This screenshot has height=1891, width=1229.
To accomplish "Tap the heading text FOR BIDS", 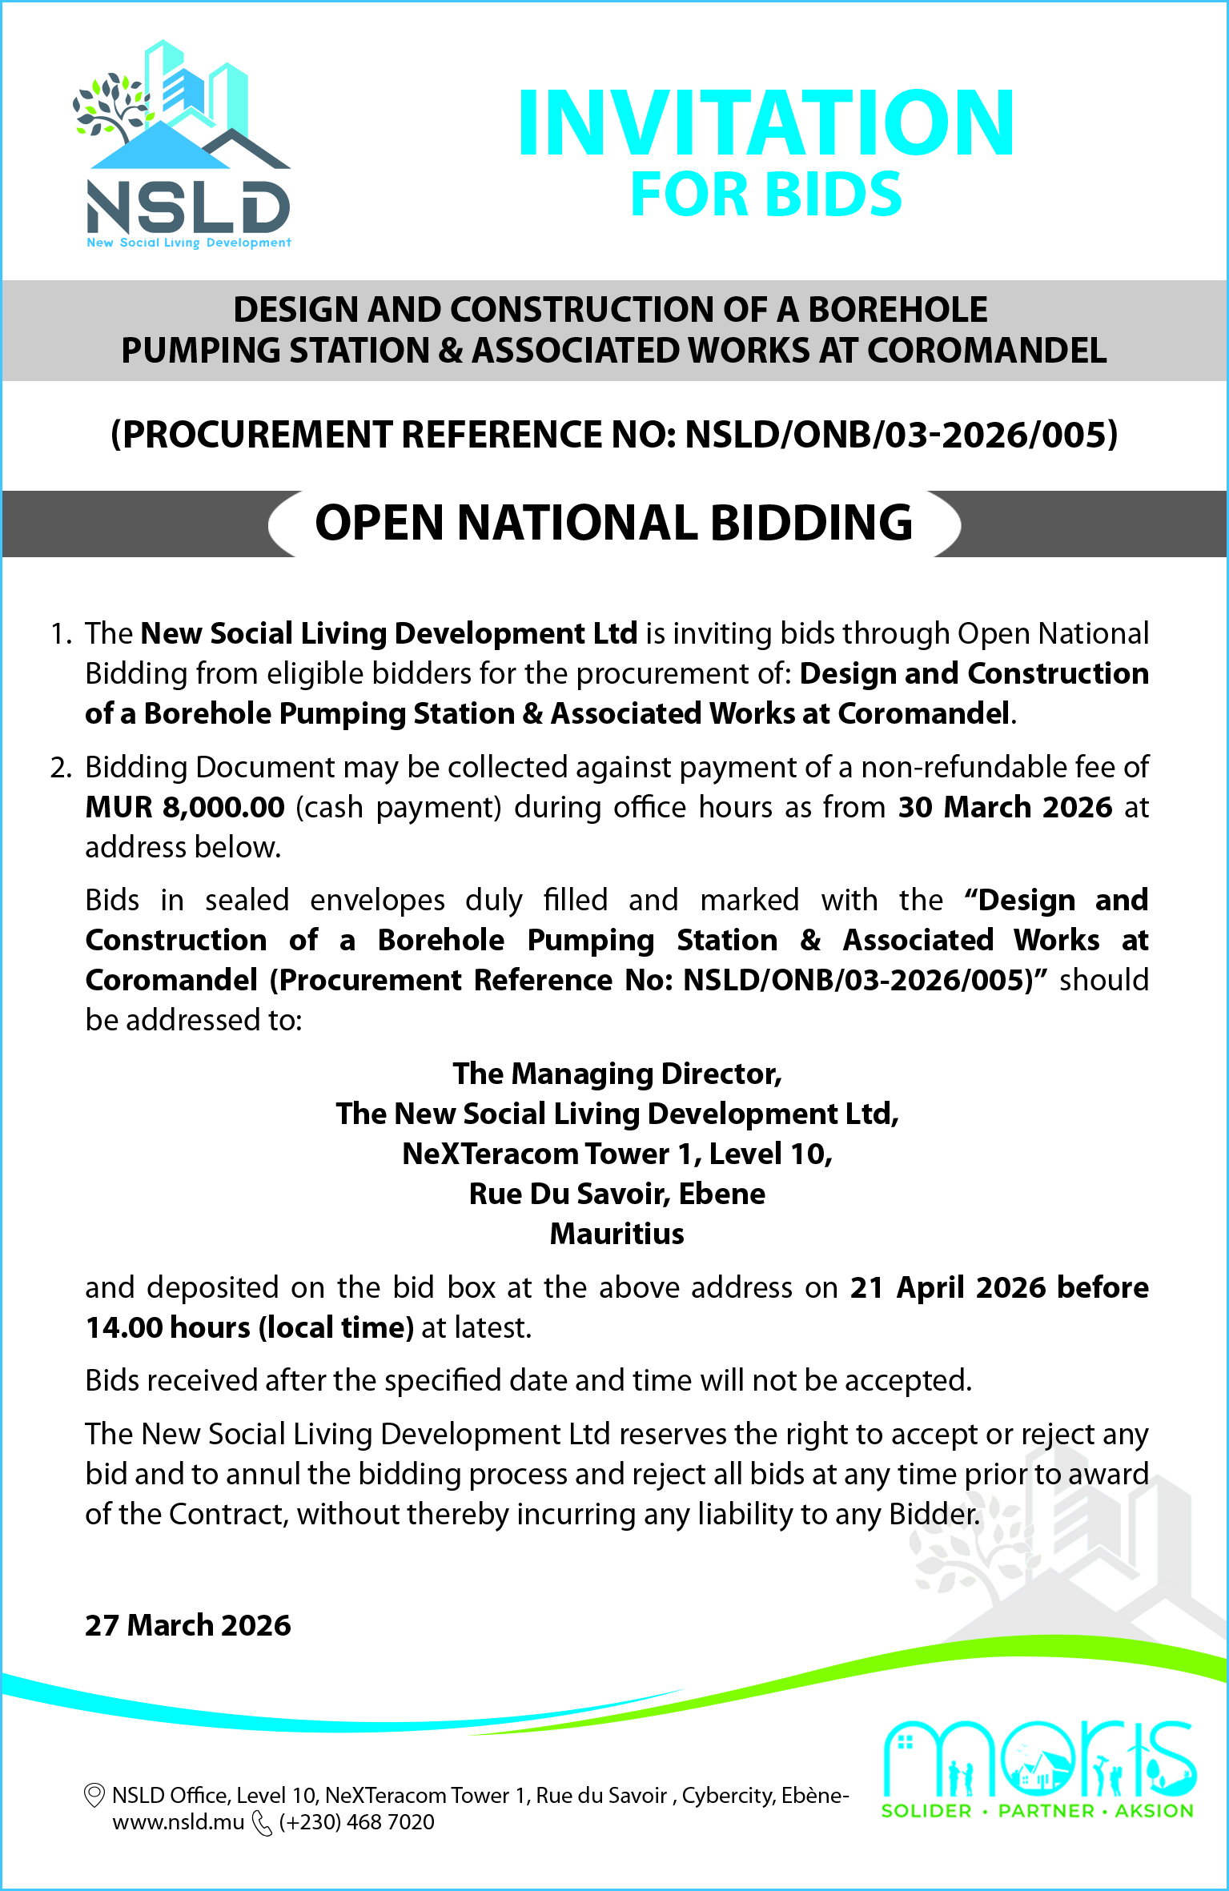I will (x=766, y=195).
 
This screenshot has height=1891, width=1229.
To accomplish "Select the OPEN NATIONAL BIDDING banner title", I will (x=614, y=523).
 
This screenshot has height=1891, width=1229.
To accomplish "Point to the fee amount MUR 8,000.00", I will (x=185, y=807).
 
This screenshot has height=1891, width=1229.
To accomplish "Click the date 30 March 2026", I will (x=1005, y=807).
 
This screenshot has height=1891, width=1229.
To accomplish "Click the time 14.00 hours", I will (x=168, y=1327).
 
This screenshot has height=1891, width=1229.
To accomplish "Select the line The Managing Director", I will (x=617, y=1074).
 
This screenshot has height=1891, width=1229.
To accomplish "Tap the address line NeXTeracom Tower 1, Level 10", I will (x=617, y=1154).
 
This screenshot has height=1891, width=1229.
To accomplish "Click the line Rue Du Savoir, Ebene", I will (x=617, y=1194).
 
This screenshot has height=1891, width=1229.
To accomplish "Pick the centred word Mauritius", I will (x=617, y=1234).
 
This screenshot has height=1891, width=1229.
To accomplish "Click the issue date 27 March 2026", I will (x=188, y=1625).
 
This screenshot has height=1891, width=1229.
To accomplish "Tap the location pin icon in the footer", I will (x=94, y=1795).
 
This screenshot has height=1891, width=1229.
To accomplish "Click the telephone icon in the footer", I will (x=262, y=1823).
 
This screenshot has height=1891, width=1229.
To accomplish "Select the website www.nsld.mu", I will (x=178, y=1823).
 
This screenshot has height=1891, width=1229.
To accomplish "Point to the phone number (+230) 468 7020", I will (x=356, y=1823).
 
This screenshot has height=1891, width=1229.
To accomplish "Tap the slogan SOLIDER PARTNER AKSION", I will (x=1037, y=1811).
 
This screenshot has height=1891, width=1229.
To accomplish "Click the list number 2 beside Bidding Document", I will (x=60, y=767).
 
